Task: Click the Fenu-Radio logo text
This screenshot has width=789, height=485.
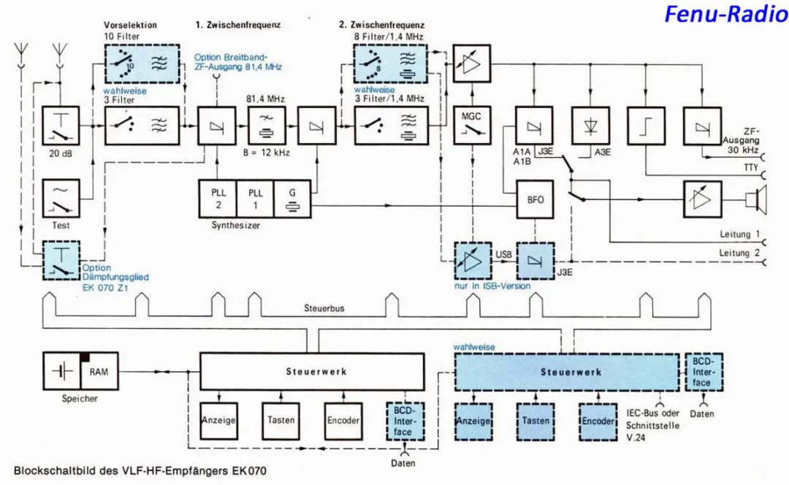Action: (725, 14)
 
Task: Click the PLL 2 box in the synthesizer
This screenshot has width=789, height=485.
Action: (217, 198)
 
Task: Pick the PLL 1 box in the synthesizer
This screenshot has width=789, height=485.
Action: (254, 198)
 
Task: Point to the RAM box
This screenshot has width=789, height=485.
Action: (99, 371)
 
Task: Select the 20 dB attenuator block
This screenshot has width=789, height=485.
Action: (62, 126)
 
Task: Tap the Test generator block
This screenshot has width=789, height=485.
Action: (62, 198)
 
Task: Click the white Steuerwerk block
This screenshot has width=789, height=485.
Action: (312, 371)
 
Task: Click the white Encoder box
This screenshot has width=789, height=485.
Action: (343, 421)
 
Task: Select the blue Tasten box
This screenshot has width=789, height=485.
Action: (536, 421)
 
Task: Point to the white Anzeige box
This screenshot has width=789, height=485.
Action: (218, 421)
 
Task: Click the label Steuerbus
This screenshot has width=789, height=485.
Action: (324, 309)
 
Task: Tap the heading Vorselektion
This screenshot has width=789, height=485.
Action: (131, 25)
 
